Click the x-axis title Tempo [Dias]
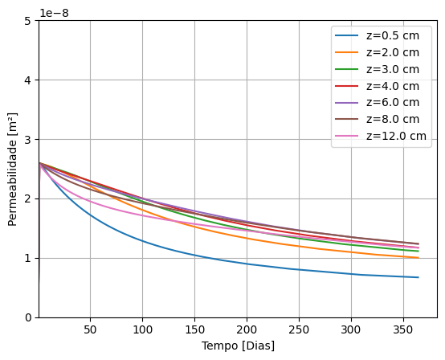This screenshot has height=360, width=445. click(237, 346)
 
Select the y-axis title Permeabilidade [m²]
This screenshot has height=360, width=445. click(13, 169)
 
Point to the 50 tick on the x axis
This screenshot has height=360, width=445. click(90, 329)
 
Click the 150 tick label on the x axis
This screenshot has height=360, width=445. click(194, 329)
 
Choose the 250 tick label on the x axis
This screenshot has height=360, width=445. click(299, 329)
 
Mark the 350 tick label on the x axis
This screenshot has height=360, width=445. click(402, 329)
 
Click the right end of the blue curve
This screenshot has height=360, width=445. click(418, 277)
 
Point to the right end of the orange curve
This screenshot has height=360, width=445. click(418, 258)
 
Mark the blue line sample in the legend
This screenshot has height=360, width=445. click(348, 36)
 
